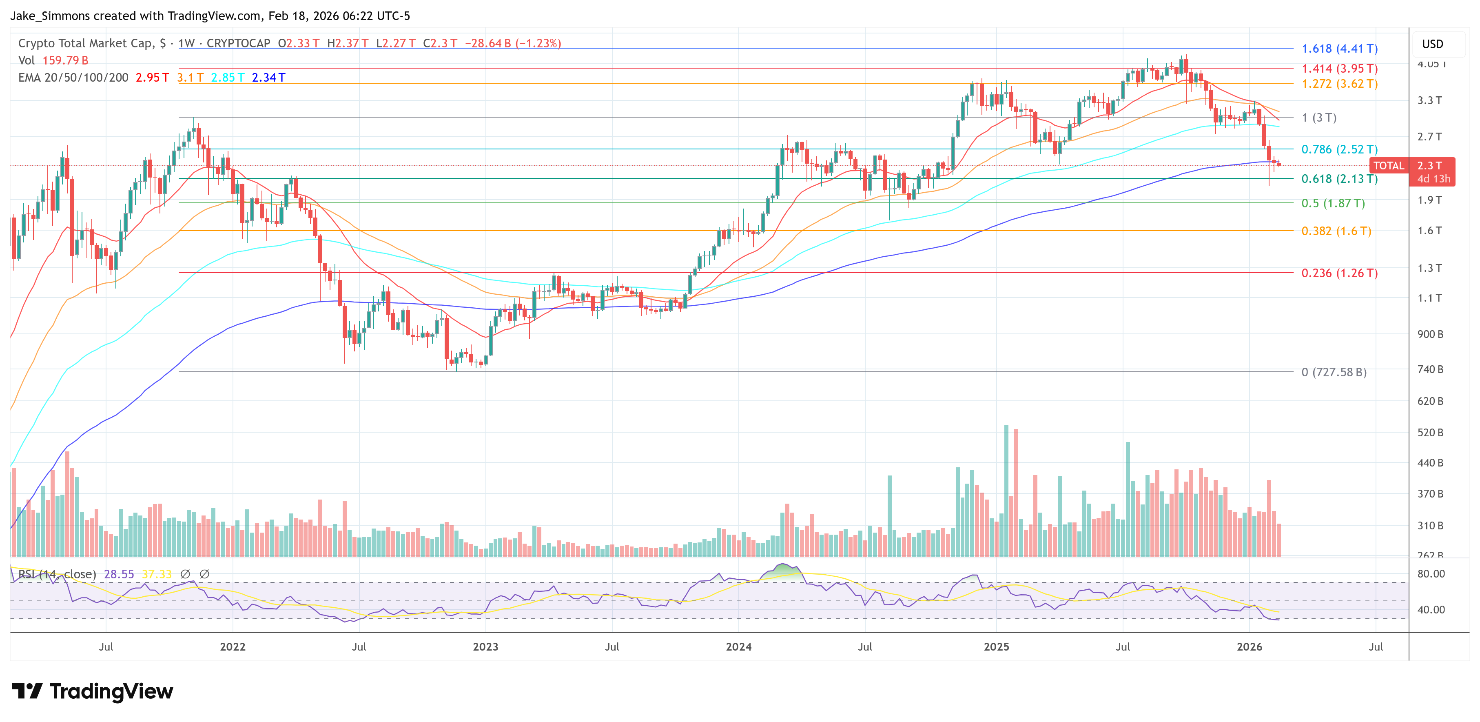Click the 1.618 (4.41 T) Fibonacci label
(x=1339, y=49)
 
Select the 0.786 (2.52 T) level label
(x=1339, y=149)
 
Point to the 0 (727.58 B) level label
(x=1334, y=373)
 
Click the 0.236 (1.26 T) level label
(x=1339, y=273)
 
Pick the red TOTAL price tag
(x=1388, y=166)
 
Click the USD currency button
(x=1432, y=44)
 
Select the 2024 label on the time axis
(x=738, y=646)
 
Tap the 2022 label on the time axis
(x=233, y=646)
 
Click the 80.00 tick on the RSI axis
(x=1431, y=574)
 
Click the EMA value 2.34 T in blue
(x=268, y=78)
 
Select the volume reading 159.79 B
(x=65, y=60)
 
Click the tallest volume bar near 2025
(x=1006, y=489)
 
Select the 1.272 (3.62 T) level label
(x=1339, y=84)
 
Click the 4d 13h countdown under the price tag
(x=1433, y=179)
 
